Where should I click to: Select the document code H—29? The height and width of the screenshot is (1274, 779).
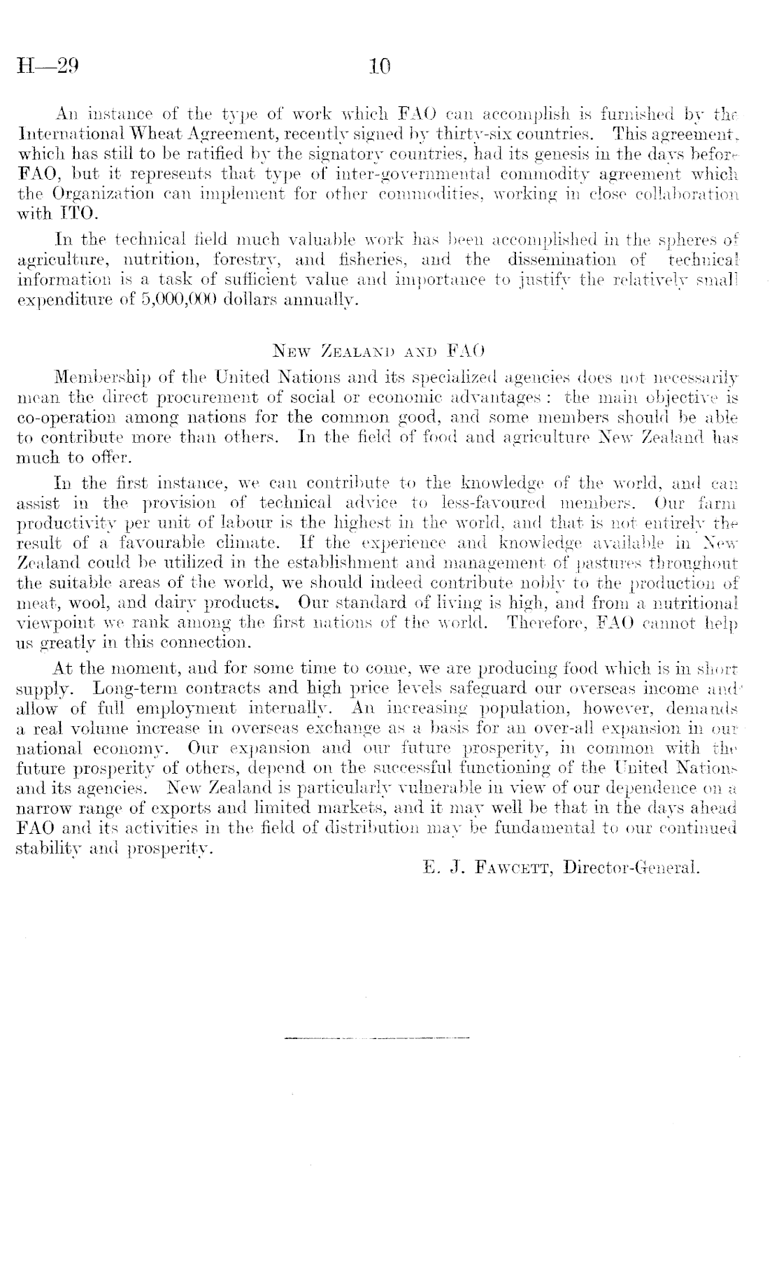(x=47, y=67)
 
